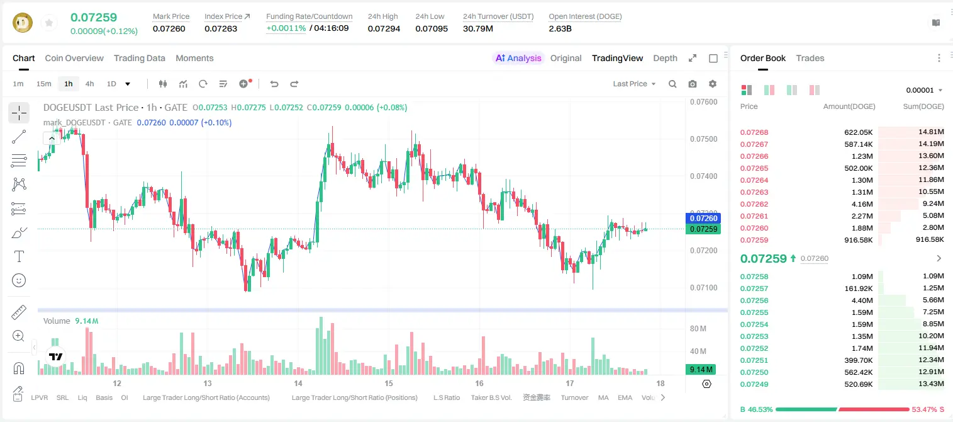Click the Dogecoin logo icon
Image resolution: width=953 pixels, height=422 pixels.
(x=23, y=23)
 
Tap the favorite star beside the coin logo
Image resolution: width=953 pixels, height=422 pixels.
(x=49, y=23)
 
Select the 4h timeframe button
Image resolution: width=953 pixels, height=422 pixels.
(x=89, y=84)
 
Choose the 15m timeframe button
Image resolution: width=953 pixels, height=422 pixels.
(x=44, y=84)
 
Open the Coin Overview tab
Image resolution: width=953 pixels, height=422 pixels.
(x=74, y=58)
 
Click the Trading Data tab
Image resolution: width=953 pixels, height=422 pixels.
(x=139, y=58)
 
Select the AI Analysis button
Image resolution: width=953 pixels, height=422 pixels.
(x=518, y=58)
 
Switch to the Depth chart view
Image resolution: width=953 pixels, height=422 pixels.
(x=665, y=58)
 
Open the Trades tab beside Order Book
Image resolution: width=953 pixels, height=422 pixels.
(x=810, y=58)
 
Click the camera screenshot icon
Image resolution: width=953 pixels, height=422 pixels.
(x=693, y=84)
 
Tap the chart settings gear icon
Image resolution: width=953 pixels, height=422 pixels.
(x=713, y=84)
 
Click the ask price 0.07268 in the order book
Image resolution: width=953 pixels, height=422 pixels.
(x=754, y=132)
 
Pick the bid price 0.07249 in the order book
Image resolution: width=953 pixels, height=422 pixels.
(x=754, y=384)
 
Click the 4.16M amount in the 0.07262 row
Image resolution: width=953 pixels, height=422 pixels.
(x=862, y=204)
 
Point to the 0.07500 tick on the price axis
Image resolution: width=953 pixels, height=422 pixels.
(x=704, y=139)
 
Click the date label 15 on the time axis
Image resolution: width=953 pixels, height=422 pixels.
(x=389, y=383)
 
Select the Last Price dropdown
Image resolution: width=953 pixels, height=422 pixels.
(x=634, y=84)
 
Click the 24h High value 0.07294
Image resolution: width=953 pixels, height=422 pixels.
(x=384, y=28)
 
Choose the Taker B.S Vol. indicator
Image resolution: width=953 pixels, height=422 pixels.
(x=491, y=397)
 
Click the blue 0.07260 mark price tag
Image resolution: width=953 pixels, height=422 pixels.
(x=703, y=218)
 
